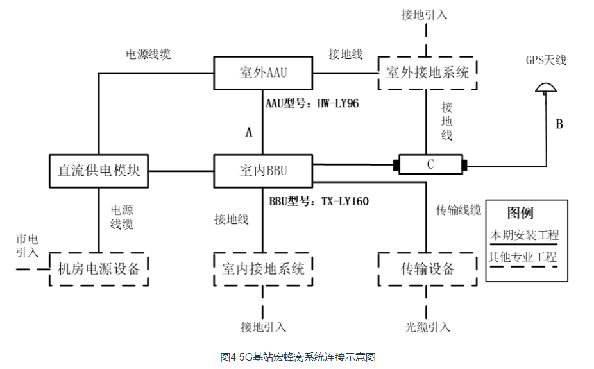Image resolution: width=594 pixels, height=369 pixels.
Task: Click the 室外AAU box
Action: click(262, 73)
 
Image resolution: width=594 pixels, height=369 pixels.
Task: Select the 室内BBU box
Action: click(263, 171)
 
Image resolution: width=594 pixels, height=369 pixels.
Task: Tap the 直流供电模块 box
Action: click(98, 171)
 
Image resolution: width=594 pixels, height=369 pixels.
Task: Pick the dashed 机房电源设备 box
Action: click(98, 268)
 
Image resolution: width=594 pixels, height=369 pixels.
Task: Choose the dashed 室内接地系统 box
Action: click(263, 268)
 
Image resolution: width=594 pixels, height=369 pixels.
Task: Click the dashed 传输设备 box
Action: click(427, 268)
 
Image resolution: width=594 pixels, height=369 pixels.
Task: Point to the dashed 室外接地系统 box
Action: click(427, 73)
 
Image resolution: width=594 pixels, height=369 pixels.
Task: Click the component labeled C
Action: click(430, 165)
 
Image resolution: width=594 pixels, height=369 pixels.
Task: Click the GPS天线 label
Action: click(547, 60)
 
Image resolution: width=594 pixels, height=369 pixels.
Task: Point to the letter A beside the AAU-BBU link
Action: click(249, 133)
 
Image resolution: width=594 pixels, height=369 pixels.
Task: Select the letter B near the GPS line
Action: click(559, 124)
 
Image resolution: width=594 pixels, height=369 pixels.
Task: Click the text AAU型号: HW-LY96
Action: click(312, 103)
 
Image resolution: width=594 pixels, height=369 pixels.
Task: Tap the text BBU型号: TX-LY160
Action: click(317, 202)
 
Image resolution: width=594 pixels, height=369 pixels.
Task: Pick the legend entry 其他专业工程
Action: click(523, 258)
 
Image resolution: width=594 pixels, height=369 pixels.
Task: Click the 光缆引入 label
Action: click(429, 327)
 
